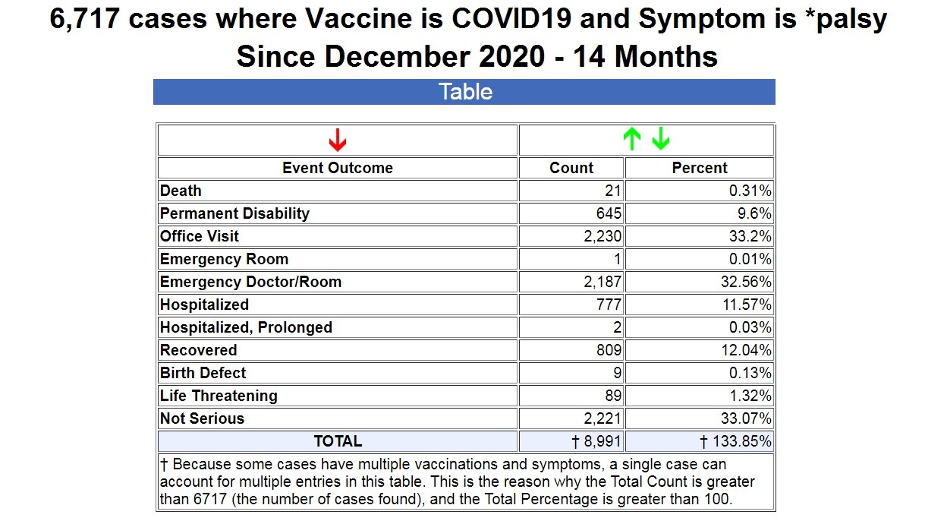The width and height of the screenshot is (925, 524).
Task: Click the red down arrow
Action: [338, 140]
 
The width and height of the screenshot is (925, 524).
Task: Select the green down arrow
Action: [661, 139]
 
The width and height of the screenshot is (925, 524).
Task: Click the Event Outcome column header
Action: [338, 168]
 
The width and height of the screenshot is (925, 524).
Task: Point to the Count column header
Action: [571, 168]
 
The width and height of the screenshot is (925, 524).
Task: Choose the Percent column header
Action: [700, 168]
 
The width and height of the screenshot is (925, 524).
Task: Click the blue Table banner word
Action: [465, 92]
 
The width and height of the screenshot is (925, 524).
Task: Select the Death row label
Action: [181, 191]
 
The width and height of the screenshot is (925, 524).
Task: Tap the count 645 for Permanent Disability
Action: [609, 213]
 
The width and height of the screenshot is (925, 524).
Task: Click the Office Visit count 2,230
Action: [603, 236]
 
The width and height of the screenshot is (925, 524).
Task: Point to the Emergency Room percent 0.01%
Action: [750, 259]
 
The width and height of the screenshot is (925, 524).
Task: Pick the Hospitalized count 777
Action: [609, 305]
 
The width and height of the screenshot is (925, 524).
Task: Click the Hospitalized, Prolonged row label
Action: [246, 327]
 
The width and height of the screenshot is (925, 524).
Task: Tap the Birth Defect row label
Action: [203, 373]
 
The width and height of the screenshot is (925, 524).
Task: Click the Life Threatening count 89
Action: [613, 396]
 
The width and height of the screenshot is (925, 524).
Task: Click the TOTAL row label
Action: [338, 441]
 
